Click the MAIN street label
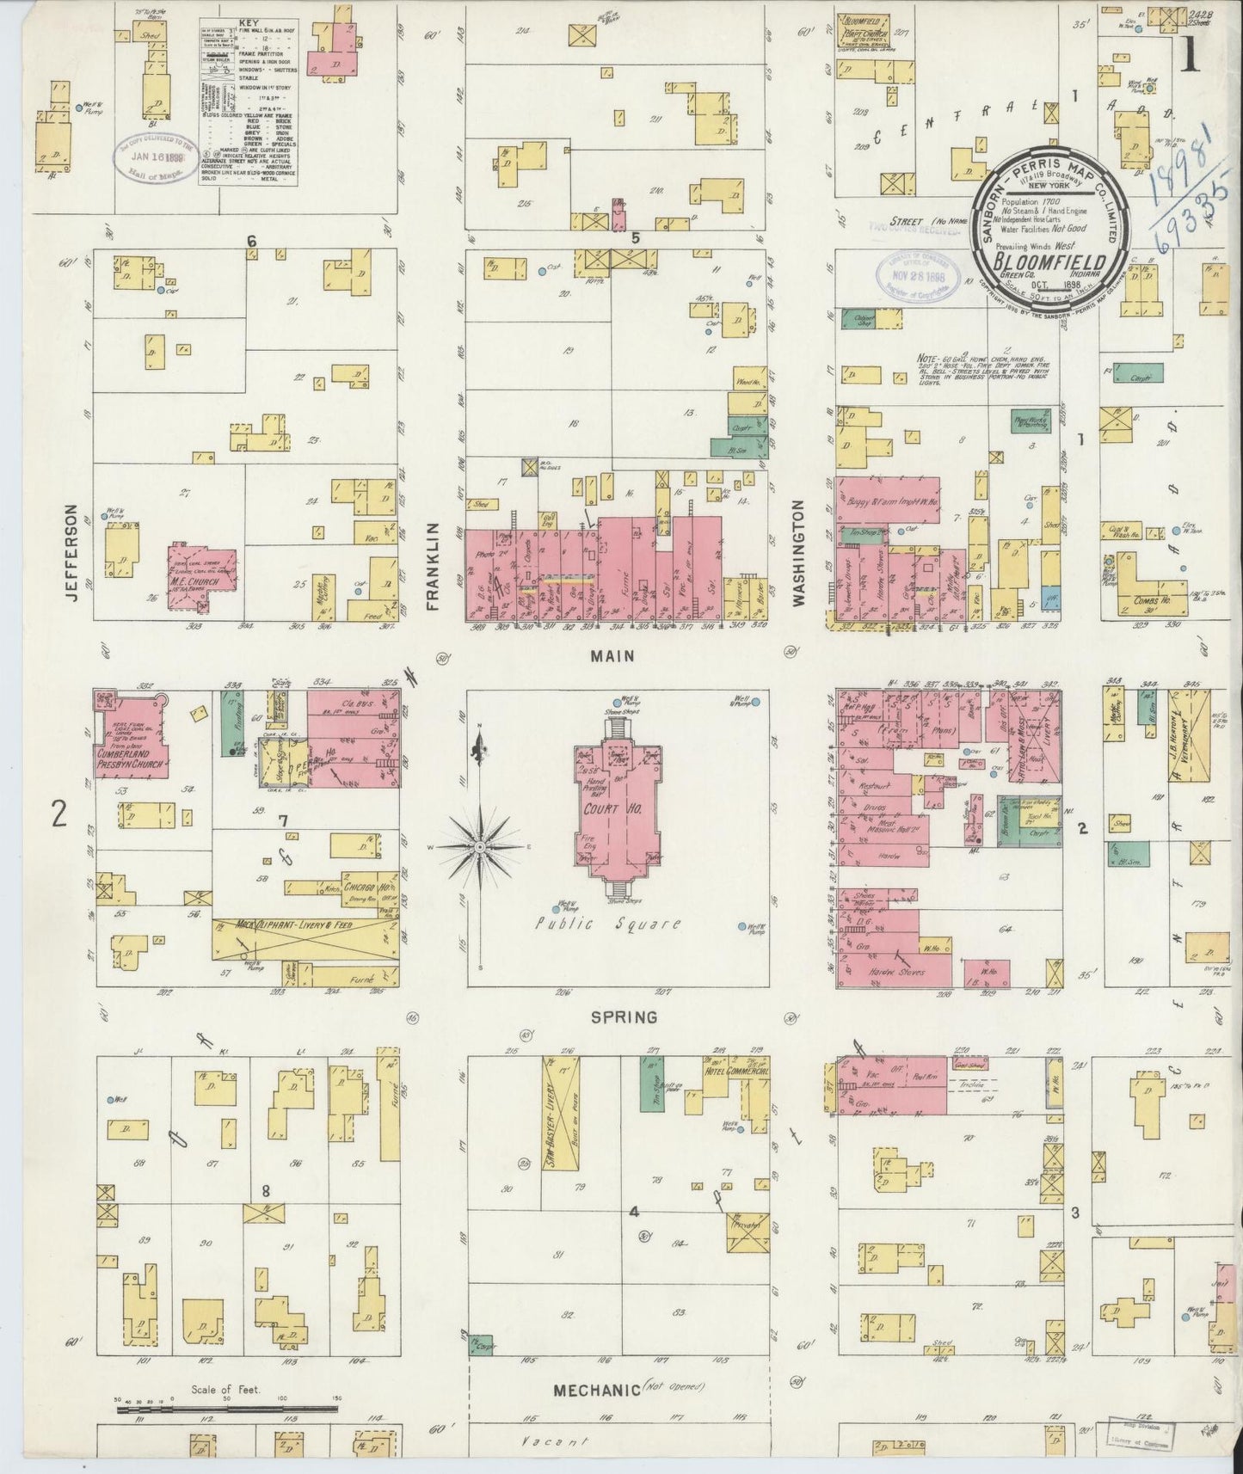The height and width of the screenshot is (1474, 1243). (x=612, y=656)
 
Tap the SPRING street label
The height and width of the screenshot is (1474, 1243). (x=625, y=1016)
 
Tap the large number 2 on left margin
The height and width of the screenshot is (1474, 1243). (x=58, y=813)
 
